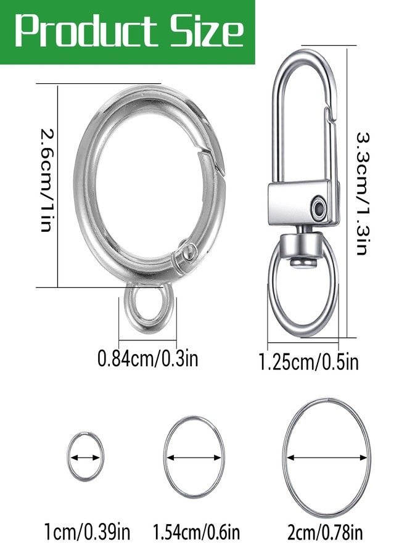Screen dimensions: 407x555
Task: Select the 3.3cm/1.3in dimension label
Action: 363,194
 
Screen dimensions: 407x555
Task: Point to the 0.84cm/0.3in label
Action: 147,358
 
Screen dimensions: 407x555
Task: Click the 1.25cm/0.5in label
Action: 308,362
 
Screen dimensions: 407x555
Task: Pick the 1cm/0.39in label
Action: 87,532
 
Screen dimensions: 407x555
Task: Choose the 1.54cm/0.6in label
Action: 196,532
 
